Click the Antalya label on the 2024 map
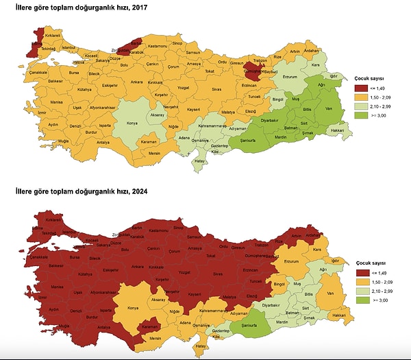(103, 328)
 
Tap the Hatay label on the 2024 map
(201, 346)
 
